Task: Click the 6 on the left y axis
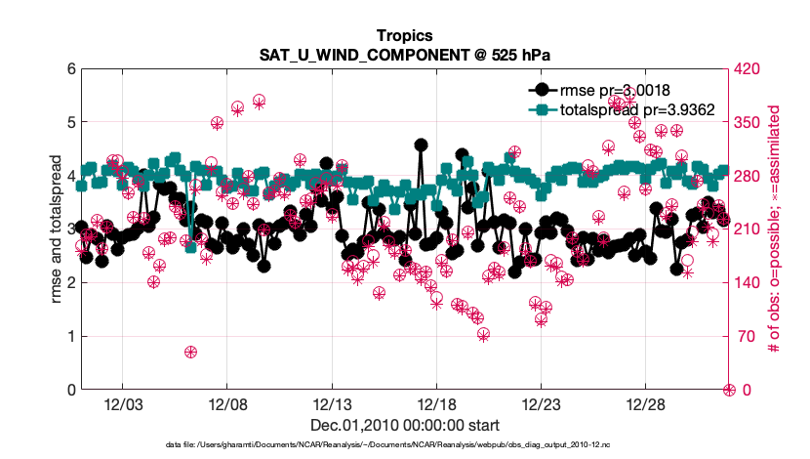(x=70, y=69)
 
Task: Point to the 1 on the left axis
(x=70, y=336)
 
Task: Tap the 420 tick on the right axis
(x=750, y=69)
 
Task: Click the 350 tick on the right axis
(x=750, y=123)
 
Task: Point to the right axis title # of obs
(x=776, y=229)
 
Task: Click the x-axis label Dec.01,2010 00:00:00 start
(x=405, y=425)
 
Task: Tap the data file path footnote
(x=405, y=444)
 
